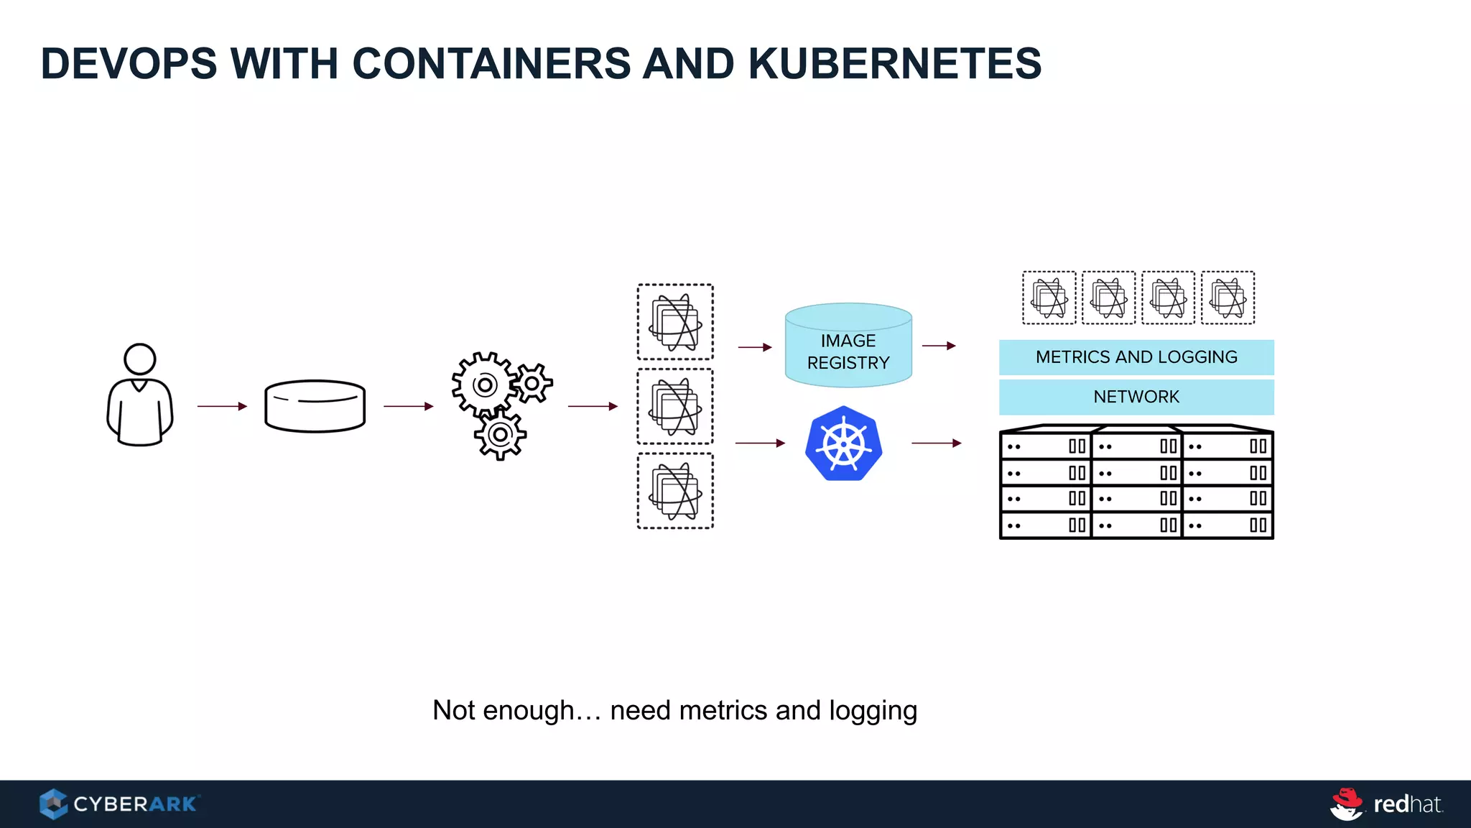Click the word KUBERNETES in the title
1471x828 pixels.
click(x=894, y=63)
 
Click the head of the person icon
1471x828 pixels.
click(x=139, y=359)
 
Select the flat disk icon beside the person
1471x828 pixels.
click(x=315, y=406)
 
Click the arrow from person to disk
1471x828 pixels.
click(x=222, y=406)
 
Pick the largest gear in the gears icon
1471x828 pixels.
click(x=484, y=385)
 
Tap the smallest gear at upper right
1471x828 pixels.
click(x=532, y=383)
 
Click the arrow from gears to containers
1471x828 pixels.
click(x=593, y=406)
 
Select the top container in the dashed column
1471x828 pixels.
click(x=675, y=322)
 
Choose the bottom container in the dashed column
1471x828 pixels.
click(x=675, y=491)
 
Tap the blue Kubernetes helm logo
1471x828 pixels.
click(x=844, y=443)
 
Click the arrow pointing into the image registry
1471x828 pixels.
click(x=755, y=347)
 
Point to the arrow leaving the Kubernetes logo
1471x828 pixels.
click(x=936, y=443)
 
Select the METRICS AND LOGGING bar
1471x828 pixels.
click(x=1136, y=357)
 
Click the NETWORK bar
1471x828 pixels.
click(x=1136, y=397)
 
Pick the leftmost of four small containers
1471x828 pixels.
click(x=1049, y=298)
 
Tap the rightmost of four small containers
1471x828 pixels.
click(x=1228, y=298)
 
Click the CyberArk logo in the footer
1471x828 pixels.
click(x=119, y=804)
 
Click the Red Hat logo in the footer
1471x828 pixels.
click(x=1386, y=804)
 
